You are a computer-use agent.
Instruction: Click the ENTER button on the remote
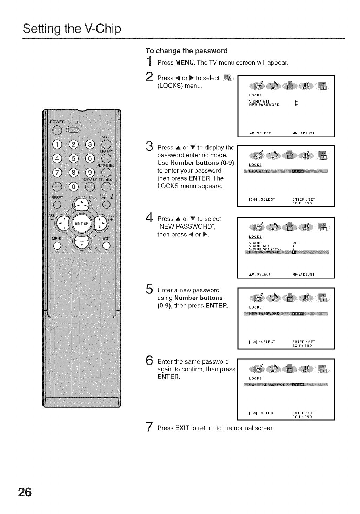tap(82, 223)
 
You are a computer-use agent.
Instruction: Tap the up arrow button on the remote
tap(82, 202)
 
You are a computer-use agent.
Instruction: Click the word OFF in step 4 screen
tap(296, 243)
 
